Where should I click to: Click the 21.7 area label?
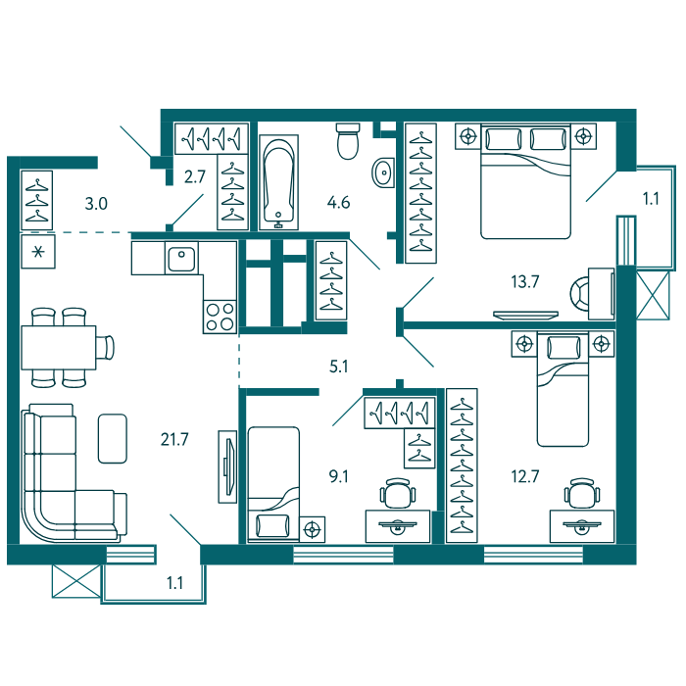tap(174, 439)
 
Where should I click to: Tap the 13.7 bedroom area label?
tap(525, 282)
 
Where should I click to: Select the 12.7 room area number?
tap(525, 476)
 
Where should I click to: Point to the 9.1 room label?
tap(339, 476)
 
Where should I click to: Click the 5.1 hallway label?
tap(339, 367)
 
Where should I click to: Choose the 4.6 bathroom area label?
tap(339, 203)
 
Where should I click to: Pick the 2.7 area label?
tap(195, 176)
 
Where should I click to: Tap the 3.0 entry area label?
tap(96, 204)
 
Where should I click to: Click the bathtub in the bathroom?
tap(278, 182)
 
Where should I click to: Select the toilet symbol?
tap(348, 141)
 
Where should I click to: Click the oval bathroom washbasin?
tap(383, 172)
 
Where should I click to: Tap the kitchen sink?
tap(181, 258)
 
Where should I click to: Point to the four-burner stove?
tap(220, 317)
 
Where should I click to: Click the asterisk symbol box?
tap(38, 252)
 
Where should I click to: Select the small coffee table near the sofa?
tap(113, 438)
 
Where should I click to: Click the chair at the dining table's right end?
tap(106, 347)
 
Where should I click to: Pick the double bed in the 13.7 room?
tap(526, 181)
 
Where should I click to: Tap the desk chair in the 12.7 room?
tap(582, 493)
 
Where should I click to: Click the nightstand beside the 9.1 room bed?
tap(312, 529)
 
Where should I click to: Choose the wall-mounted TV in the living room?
tap(227, 466)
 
